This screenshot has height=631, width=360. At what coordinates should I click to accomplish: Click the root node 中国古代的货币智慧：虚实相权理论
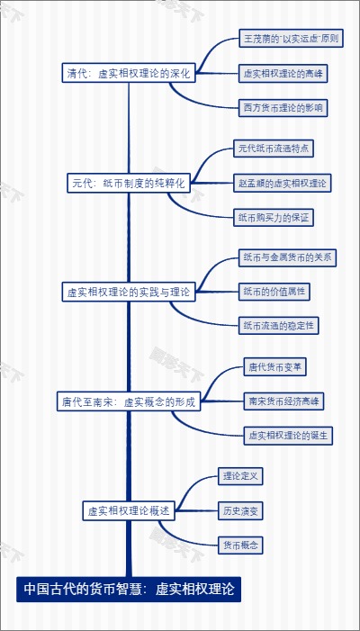(129, 590)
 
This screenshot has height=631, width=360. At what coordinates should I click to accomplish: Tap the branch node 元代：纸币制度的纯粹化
(129, 183)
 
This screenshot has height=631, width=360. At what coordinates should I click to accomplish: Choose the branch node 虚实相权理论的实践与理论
(128, 292)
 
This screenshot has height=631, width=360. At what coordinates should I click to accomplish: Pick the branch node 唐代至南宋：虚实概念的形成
(128, 402)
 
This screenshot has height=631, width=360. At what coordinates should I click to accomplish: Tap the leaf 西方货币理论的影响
(283, 108)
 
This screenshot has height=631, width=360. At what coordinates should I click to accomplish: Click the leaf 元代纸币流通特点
(274, 148)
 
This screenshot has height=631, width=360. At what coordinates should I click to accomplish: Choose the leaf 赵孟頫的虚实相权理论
(281, 183)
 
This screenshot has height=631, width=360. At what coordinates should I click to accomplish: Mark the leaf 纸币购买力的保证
(274, 217)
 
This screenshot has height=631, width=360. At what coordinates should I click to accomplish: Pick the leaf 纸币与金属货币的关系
(287, 257)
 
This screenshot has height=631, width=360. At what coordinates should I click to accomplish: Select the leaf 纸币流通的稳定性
(279, 325)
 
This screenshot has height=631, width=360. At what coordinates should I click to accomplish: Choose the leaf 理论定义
(240, 476)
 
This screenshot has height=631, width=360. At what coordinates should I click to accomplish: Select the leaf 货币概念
(240, 545)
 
